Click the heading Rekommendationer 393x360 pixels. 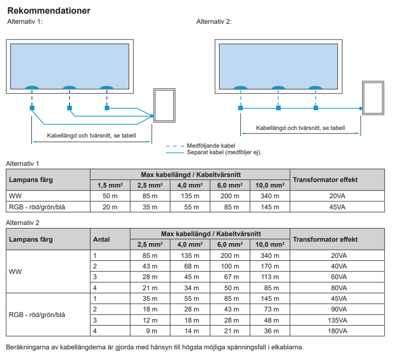[49, 11]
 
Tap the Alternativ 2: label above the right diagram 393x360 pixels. [213, 22]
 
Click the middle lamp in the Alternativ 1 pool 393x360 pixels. [69, 88]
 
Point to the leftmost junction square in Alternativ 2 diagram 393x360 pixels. [240, 108]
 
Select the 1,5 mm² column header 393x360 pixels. [110, 185]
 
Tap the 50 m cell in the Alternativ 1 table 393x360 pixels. [110, 196]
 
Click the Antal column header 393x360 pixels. [102, 239]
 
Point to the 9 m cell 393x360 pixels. [150, 331]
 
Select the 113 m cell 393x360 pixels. [269, 277]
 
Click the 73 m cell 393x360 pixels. [269, 309]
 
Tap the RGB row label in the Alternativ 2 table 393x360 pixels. [37, 314]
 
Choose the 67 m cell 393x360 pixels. [230, 277]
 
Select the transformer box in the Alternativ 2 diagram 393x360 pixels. [372, 98]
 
